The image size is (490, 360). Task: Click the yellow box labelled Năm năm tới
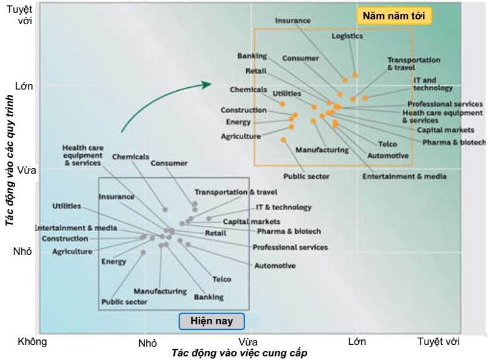click(x=394, y=16)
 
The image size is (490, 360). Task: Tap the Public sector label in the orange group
click(x=306, y=176)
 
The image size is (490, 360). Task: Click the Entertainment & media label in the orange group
click(x=404, y=176)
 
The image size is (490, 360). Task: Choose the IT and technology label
click(x=433, y=84)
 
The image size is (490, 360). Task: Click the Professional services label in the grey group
click(x=290, y=247)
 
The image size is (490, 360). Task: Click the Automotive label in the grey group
click(x=275, y=266)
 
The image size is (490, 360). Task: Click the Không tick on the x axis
click(x=33, y=342)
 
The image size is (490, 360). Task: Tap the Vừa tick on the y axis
click(x=24, y=171)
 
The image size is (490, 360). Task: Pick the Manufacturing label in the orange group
click(x=322, y=149)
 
